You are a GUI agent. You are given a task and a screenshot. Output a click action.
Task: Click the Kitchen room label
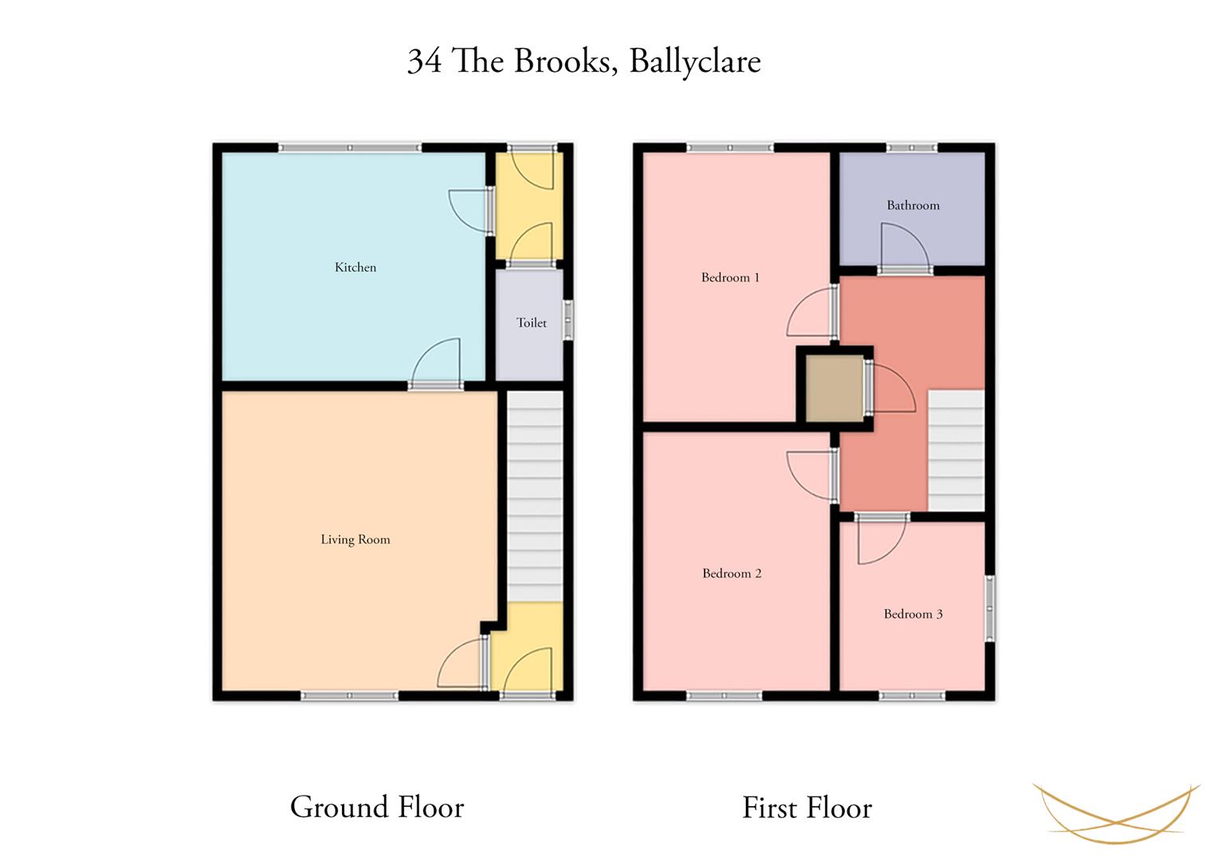coord(355,267)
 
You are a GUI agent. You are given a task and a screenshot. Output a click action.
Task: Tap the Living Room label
coord(355,539)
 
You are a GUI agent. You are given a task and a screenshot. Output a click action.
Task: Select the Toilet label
coord(532,323)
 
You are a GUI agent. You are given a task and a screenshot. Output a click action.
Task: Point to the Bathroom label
coord(913,205)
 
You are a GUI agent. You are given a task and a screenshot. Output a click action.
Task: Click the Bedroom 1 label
coord(730,277)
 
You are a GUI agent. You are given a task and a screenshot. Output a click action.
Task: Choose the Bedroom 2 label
coord(732,573)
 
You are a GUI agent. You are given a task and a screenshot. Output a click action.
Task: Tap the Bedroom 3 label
coord(913,614)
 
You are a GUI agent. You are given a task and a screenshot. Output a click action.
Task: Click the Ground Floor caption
coord(377,807)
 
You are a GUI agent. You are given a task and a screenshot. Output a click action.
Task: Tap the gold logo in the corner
coord(1117,813)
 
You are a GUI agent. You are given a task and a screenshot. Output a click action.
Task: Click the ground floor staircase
coord(535,496)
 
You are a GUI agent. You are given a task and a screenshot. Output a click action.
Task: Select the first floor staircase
coord(956,450)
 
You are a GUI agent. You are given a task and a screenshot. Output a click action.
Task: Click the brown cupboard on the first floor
coord(834,389)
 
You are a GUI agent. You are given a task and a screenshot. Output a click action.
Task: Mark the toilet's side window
coord(568,320)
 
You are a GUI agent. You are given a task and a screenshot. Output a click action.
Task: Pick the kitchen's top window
coord(350,147)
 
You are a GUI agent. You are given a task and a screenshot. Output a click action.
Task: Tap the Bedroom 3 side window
coord(991,608)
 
